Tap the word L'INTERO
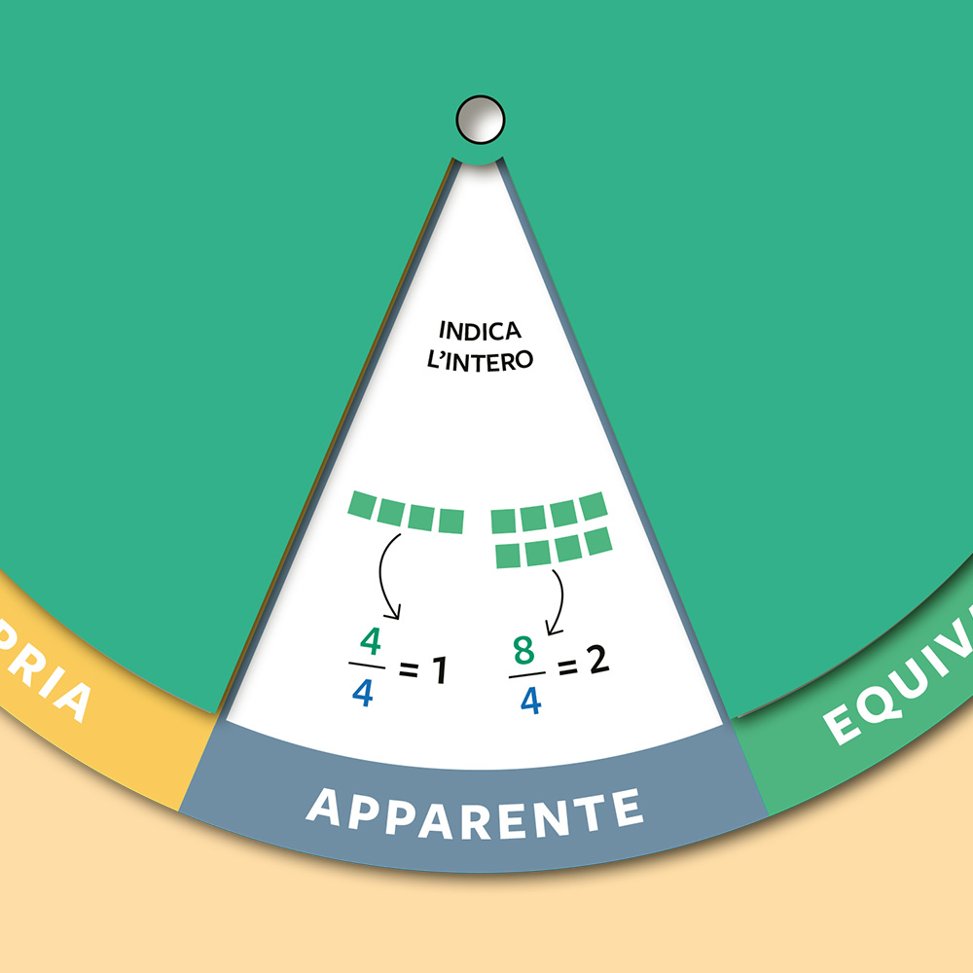(480, 359)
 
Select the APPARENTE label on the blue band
(475, 808)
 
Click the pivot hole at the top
(481, 119)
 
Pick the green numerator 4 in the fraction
(368, 642)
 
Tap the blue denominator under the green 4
(364, 694)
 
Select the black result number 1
(437, 670)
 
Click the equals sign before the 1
(408, 670)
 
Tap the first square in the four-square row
(362, 506)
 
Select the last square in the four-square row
(450, 522)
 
